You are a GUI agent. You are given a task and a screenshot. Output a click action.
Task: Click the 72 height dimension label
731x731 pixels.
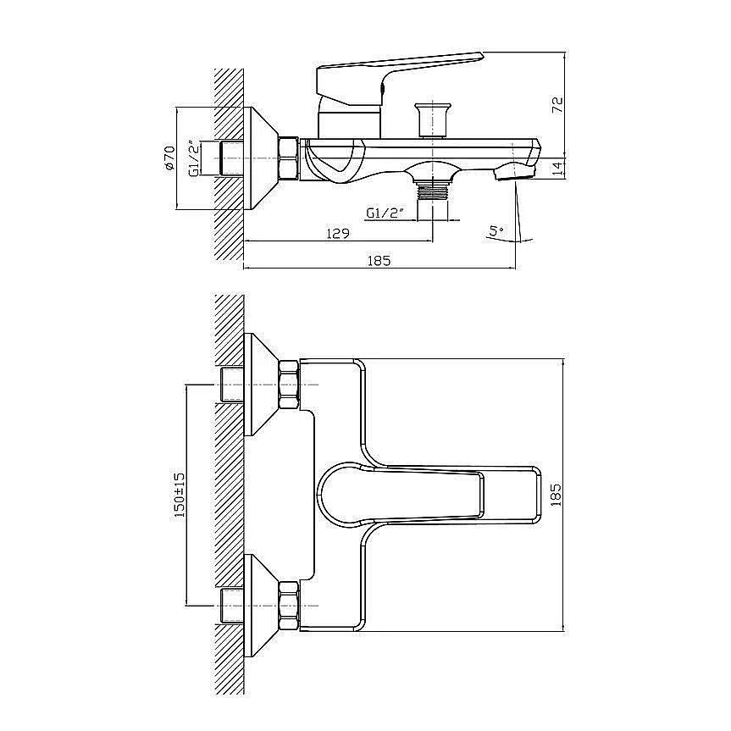tap(557, 104)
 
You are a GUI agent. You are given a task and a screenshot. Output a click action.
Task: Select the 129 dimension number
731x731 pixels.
tap(337, 233)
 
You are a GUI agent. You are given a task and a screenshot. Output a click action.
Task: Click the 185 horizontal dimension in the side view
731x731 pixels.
tap(379, 260)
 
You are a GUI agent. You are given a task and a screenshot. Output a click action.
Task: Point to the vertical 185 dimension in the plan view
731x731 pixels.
tap(557, 495)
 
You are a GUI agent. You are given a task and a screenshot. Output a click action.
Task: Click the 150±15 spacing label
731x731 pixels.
tap(180, 495)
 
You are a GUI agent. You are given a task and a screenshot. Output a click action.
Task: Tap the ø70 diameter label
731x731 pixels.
tap(169, 158)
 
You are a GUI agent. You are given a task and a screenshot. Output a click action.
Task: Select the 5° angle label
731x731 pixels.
tap(496, 230)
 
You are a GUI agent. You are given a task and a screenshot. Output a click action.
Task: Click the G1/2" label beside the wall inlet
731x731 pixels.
tap(194, 158)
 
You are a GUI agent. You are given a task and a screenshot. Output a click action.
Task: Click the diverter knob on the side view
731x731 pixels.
tap(433, 119)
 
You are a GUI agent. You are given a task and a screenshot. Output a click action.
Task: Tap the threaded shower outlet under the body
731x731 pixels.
tap(433, 191)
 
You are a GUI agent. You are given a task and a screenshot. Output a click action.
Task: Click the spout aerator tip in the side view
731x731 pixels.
tap(514, 172)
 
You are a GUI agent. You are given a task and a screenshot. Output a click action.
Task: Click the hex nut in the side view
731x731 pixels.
tap(288, 158)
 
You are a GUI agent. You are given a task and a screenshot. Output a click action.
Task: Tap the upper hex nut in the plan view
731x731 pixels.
tap(289, 385)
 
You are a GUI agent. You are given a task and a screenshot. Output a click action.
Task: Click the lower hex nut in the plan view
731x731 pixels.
tap(289, 606)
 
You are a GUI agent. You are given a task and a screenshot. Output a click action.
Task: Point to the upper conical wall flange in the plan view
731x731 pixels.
tap(261, 385)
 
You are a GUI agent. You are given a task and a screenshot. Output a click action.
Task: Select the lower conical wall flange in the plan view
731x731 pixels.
tap(261, 606)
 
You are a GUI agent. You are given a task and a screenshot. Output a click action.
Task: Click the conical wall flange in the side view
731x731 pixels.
tap(261, 158)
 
